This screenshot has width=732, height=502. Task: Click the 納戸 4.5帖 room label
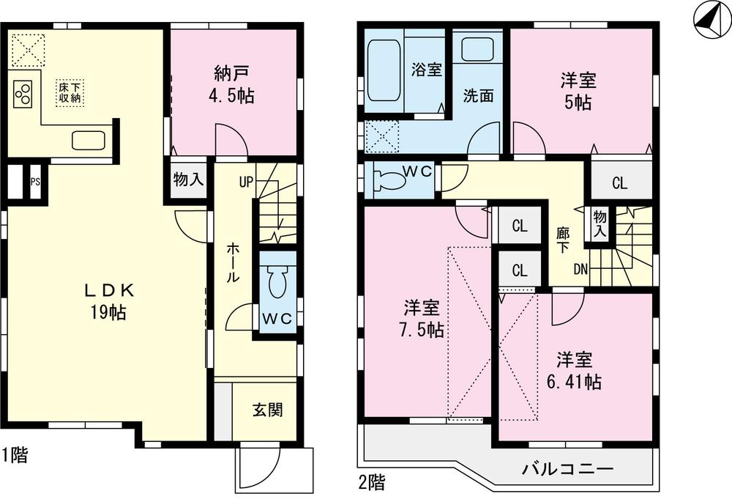click(234, 84)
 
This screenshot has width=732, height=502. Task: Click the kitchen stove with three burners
click(23, 93)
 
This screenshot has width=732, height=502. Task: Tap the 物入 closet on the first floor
click(189, 180)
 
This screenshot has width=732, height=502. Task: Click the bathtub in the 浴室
click(384, 70)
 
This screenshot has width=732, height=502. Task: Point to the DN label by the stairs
click(580, 269)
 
